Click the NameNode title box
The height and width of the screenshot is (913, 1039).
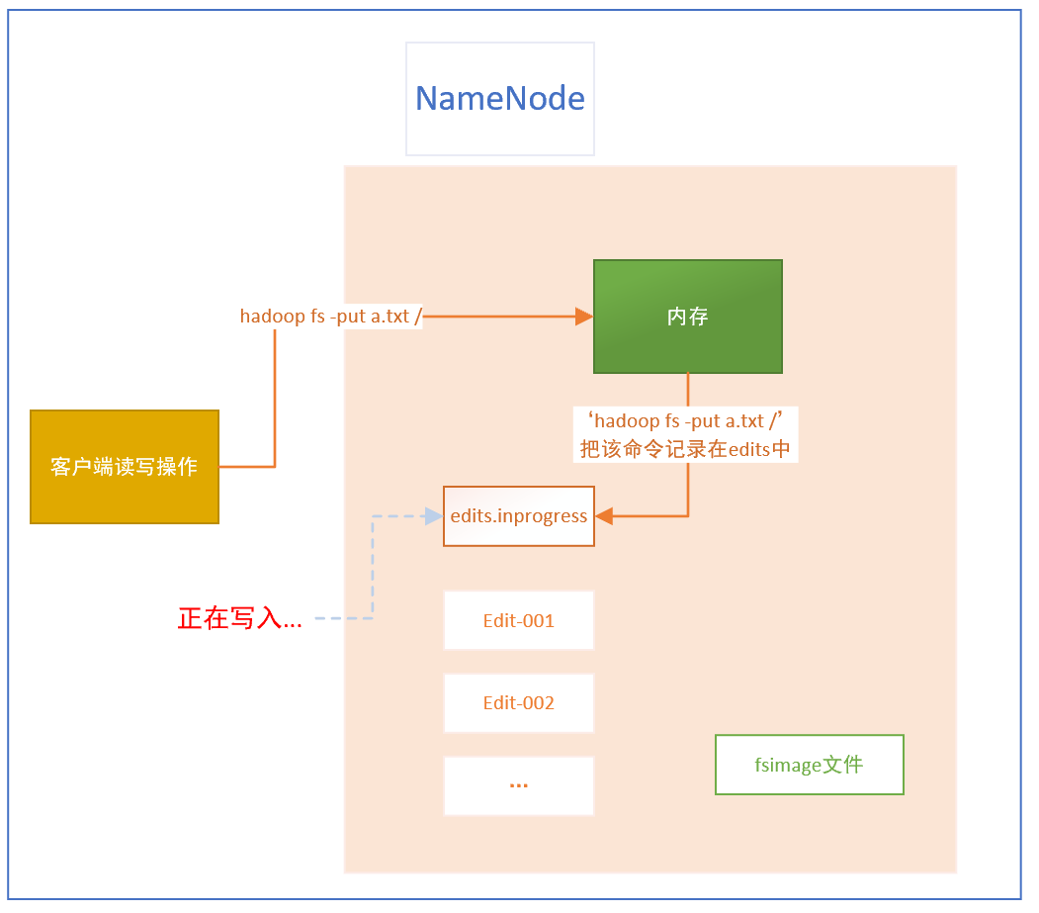click(x=500, y=99)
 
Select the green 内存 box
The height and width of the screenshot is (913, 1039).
click(x=688, y=317)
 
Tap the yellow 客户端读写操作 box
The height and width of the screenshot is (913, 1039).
click(x=125, y=467)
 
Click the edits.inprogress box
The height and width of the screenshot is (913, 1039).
click(x=519, y=516)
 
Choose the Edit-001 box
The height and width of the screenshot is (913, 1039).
click(x=519, y=620)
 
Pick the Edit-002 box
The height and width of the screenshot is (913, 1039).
click(x=519, y=703)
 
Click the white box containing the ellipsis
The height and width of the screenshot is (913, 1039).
click(x=519, y=785)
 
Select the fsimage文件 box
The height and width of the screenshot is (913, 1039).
click(x=810, y=765)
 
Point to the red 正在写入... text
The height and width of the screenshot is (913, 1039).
click(x=240, y=620)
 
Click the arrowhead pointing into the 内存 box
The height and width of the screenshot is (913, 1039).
click(x=584, y=317)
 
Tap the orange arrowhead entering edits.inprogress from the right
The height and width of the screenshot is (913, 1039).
click(x=604, y=516)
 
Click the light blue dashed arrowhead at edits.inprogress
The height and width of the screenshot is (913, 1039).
click(x=434, y=516)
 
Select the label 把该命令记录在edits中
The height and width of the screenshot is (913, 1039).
click(x=685, y=449)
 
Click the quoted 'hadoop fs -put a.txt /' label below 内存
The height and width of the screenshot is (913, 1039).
click(x=685, y=421)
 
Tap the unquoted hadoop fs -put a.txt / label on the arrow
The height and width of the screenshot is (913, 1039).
click(x=331, y=317)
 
